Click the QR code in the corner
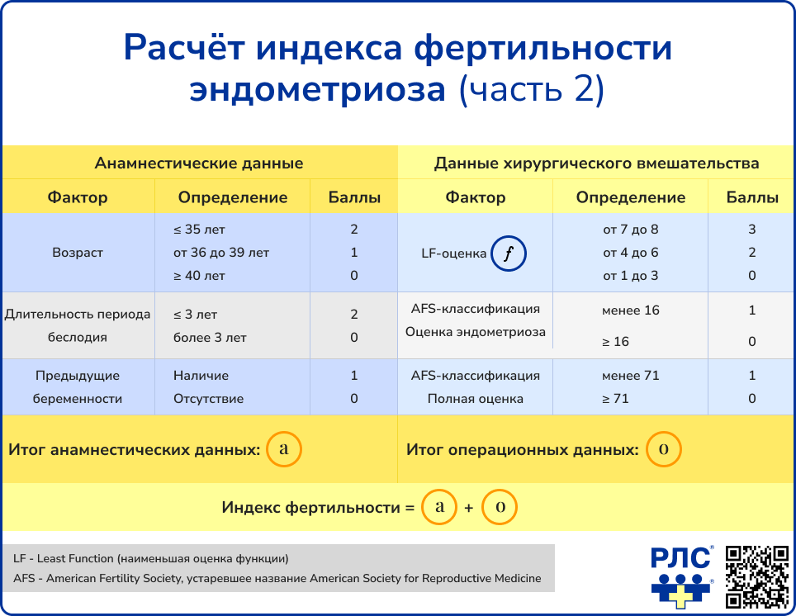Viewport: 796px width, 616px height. click(756, 576)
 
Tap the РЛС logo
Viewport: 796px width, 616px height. click(681, 576)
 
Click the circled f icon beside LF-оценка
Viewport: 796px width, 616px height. click(509, 254)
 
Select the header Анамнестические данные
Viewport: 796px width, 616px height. click(199, 163)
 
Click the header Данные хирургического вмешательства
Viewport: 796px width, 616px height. click(596, 163)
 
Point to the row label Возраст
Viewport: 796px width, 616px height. click(78, 253)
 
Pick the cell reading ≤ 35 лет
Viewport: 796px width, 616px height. click(199, 230)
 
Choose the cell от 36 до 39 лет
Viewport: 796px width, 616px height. click(221, 253)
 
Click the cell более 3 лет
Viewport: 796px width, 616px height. click(210, 338)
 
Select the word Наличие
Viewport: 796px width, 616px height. click(201, 376)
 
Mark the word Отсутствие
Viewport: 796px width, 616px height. click(208, 399)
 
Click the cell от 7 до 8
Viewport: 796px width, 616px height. click(631, 230)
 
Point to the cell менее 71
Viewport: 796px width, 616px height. click(631, 376)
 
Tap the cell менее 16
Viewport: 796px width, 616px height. click(631, 310)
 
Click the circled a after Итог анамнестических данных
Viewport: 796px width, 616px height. click(284, 450)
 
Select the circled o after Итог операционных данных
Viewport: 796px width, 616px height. click(663, 450)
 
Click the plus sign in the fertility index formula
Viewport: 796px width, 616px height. click(469, 509)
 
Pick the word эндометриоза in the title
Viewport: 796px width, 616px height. click(318, 89)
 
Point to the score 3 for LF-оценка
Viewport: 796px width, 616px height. click(752, 230)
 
